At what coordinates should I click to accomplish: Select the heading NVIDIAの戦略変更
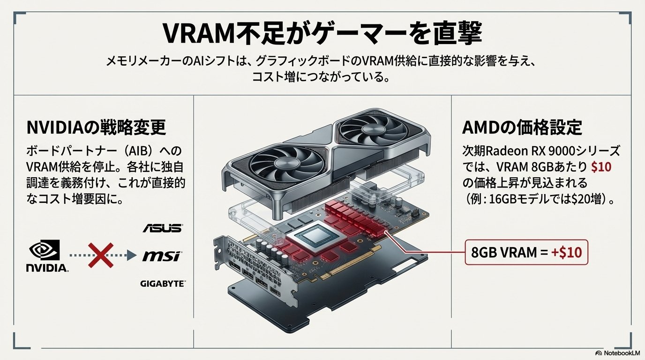coord(97,128)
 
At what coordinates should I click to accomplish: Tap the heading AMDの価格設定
coord(522,128)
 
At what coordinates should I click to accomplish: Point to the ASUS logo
coord(162,228)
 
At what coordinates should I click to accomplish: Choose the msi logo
coord(162,256)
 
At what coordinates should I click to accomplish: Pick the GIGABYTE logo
coord(162,284)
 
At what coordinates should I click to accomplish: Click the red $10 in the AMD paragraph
coord(601,167)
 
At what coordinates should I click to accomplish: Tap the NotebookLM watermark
coord(618,353)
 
